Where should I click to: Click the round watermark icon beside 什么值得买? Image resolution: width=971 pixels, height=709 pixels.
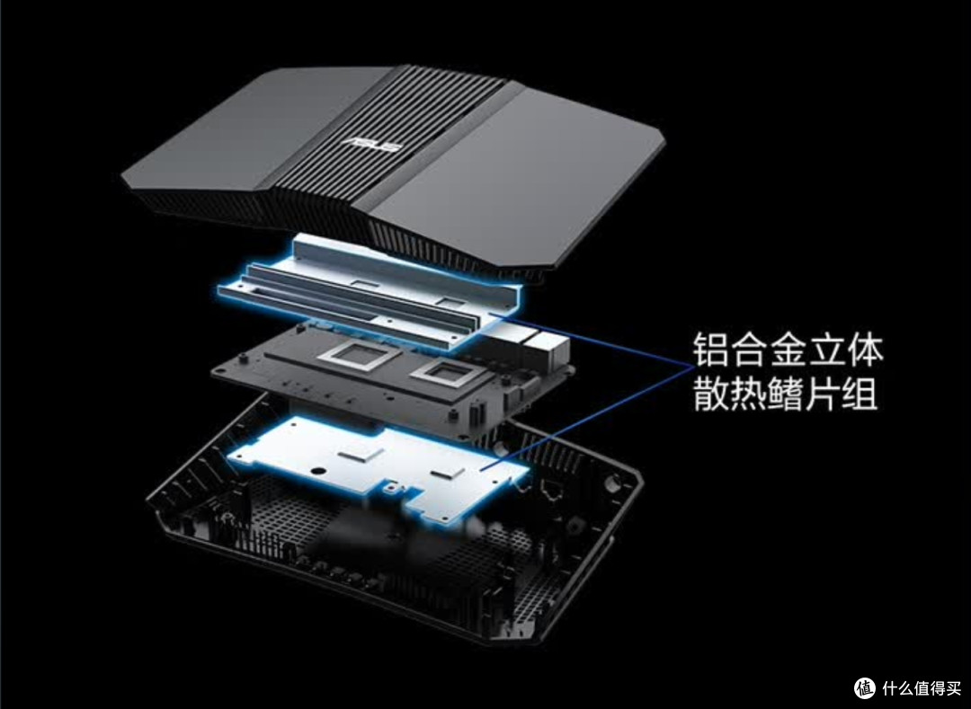[865, 688]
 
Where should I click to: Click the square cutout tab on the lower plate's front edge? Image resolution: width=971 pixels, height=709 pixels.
[391, 490]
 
